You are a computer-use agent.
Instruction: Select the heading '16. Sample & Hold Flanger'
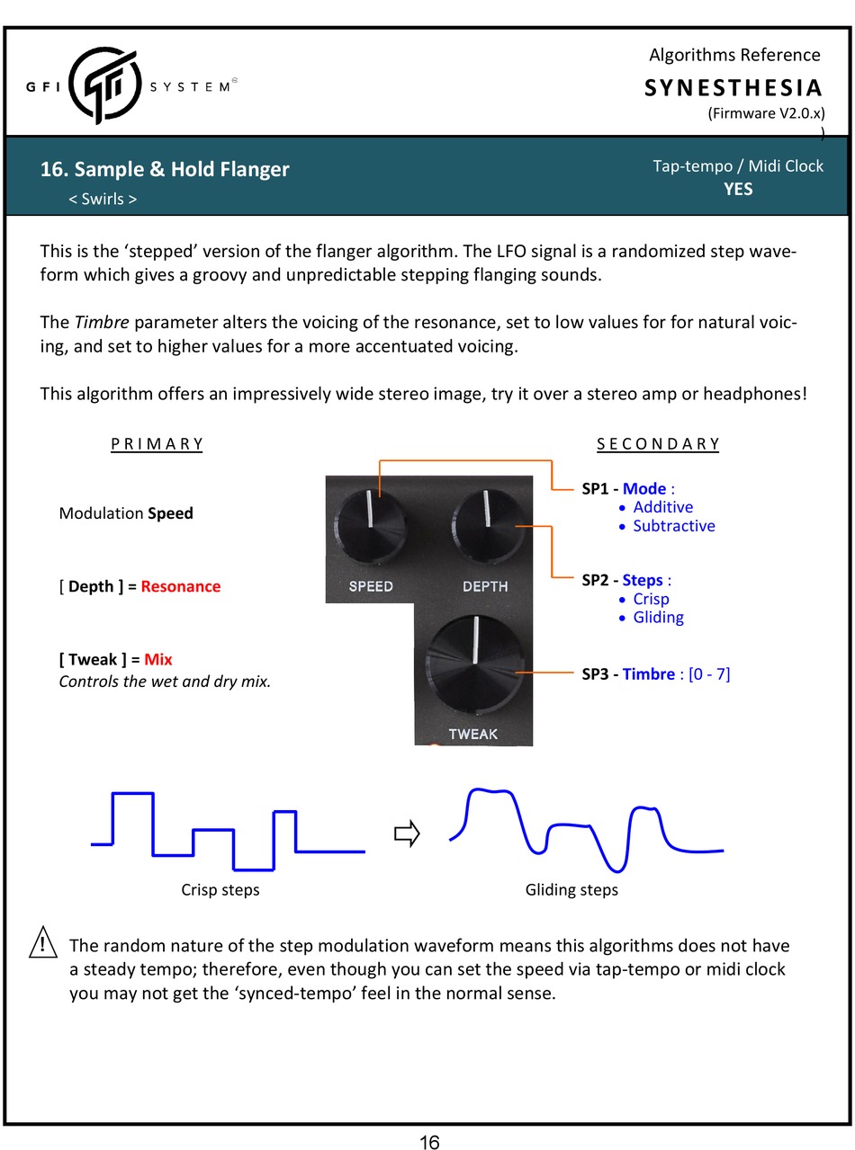[165, 169]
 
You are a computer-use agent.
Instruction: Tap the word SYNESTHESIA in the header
[733, 88]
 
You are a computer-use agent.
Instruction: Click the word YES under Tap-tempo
[738, 189]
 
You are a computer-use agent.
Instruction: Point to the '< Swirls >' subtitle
[103, 199]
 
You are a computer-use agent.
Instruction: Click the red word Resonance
[180, 586]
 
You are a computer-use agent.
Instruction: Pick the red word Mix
[158, 659]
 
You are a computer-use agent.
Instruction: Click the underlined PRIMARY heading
[157, 443]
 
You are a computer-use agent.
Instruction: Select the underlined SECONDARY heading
[659, 443]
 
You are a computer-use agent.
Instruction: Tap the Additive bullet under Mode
[662, 507]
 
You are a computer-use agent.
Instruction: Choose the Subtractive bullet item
[673, 526]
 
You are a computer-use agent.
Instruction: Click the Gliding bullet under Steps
[658, 617]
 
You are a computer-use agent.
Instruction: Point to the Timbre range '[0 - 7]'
[709, 673]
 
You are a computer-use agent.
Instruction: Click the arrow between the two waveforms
[408, 834]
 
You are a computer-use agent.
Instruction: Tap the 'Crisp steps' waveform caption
[220, 889]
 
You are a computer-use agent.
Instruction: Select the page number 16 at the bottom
[429, 1142]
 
